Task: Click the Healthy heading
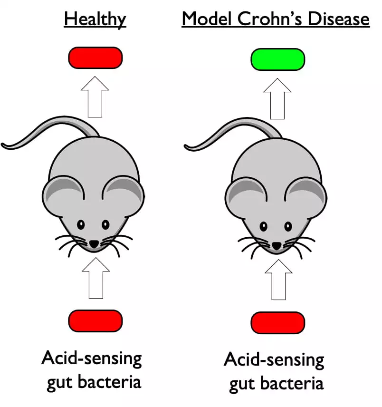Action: click(95, 19)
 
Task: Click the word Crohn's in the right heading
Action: click(274, 19)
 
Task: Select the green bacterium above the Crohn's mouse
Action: click(278, 59)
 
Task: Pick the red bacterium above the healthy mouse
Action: click(95, 58)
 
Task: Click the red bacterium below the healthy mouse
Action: click(95, 321)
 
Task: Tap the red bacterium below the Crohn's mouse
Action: click(278, 323)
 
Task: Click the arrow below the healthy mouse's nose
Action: click(95, 278)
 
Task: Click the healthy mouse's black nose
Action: click(94, 243)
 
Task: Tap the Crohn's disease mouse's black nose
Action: click(277, 245)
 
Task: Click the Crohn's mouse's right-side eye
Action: click(288, 226)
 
